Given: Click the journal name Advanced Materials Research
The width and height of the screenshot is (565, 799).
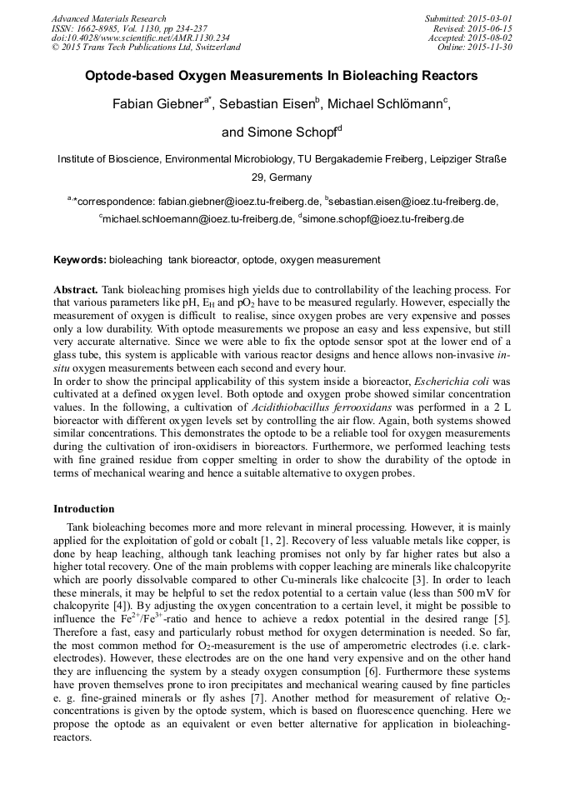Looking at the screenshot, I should coord(108,18).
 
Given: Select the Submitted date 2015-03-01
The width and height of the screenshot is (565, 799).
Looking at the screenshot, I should coord(491,18).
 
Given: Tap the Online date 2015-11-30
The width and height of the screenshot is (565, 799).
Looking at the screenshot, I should coord(491,47).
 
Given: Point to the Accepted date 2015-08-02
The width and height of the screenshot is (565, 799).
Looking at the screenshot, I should coord(491,38).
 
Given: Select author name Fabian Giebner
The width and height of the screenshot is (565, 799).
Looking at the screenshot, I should coord(159,105).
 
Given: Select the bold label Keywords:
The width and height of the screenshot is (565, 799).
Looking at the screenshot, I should coord(80,260).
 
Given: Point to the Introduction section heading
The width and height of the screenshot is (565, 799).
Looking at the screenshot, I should coord(84,508).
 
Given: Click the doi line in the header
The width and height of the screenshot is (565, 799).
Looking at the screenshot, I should coord(141,38).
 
